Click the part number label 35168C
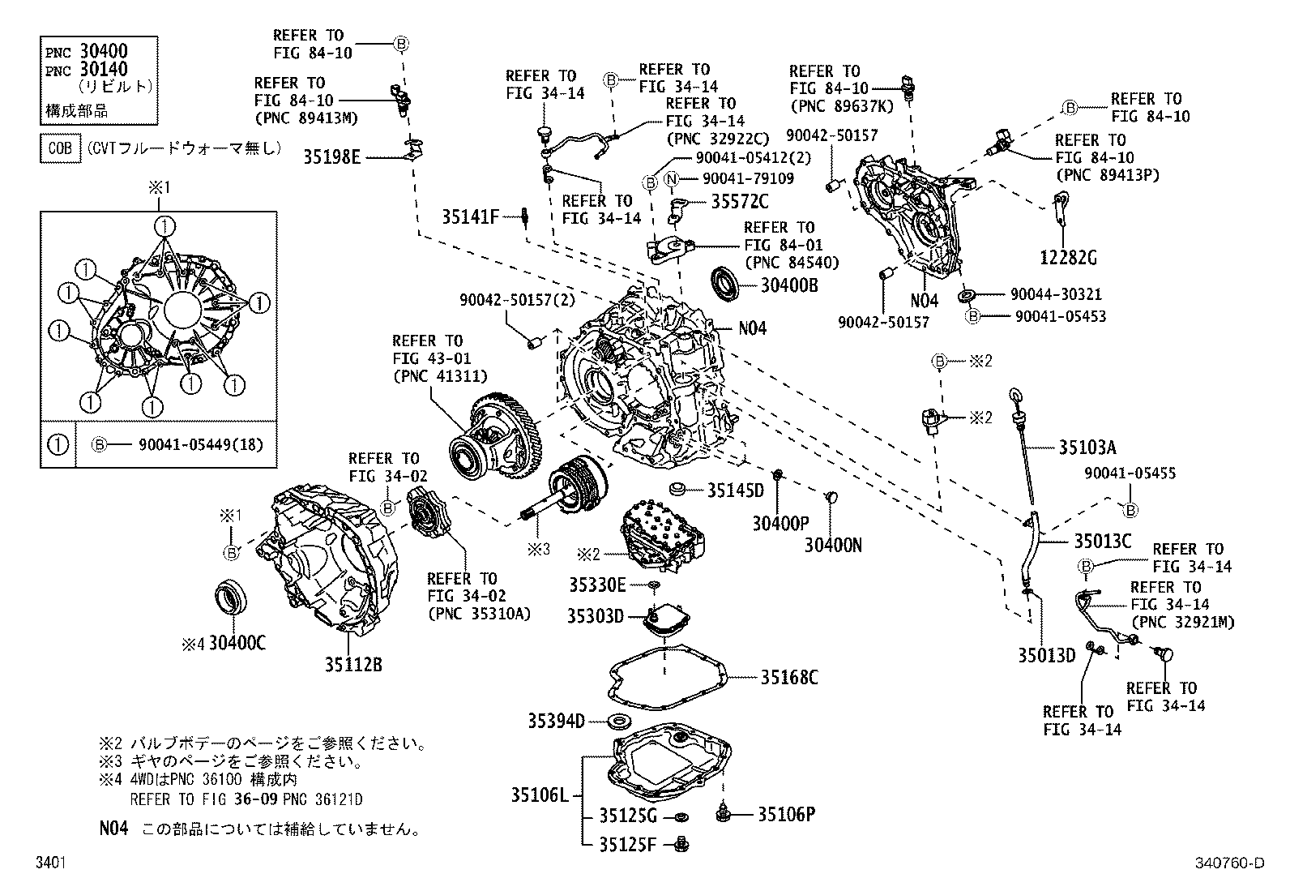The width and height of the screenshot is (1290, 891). pyautogui.click(x=788, y=677)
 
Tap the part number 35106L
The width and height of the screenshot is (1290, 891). pyautogui.click(x=540, y=795)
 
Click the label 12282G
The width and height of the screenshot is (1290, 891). pyautogui.click(x=1068, y=258)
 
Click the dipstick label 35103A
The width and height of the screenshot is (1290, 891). pyautogui.click(x=1087, y=447)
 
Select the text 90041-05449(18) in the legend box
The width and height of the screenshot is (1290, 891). pyautogui.click(x=201, y=445)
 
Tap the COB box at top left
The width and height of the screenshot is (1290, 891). pyautogui.click(x=61, y=148)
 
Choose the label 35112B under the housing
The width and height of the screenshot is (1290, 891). pyautogui.click(x=353, y=665)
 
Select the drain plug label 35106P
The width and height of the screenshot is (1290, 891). pyautogui.click(x=785, y=815)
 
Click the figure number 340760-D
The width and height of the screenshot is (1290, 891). pyautogui.click(x=1228, y=864)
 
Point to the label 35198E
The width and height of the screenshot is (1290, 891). pyautogui.click(x=332, y=157)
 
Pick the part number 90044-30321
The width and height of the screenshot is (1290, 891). pyautogui.click(x=1055, y=295)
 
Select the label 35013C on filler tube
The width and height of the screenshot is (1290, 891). pyautogui.click(x=1102, y=541)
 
